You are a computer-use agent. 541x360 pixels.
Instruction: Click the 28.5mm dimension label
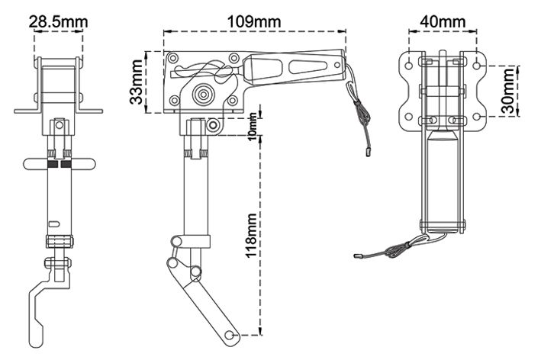click(58, 21)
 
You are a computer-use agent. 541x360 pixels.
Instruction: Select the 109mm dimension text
click(254, 21)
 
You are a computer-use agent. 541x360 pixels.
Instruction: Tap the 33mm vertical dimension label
click(136, 82)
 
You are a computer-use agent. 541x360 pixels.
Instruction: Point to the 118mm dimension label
click(251, 236)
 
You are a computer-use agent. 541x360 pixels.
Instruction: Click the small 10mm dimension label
click(253, 127)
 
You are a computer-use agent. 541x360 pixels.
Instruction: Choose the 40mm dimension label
click(443, 21)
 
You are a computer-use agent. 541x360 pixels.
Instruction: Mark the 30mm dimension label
click(508, 91)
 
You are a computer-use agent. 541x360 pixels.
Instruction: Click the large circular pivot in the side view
click(203, 94)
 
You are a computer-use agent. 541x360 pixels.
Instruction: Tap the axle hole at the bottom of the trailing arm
click(228, 335)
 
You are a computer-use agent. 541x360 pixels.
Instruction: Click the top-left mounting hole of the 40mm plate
click(409, 66)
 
